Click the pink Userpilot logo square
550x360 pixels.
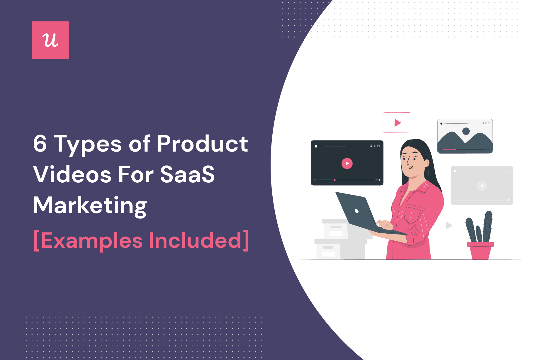[x=50, y=40]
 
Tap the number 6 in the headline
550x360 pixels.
[x=40, y=143]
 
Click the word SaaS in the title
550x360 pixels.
[x=188, y=174]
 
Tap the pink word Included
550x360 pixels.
[x=196, y=240]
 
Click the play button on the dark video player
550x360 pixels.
[x=347, y=164]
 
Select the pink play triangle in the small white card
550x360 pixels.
[x=397, y=123]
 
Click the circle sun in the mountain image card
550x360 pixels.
[x=466, y=131]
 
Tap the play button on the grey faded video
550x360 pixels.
[x=482, y=186]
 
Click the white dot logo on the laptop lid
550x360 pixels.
[x=357, y=211]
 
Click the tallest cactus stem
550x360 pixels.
[x=488, y=226]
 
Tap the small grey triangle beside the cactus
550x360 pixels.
[x=449, y=225]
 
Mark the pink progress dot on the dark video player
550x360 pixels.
[x=335, y=180]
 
